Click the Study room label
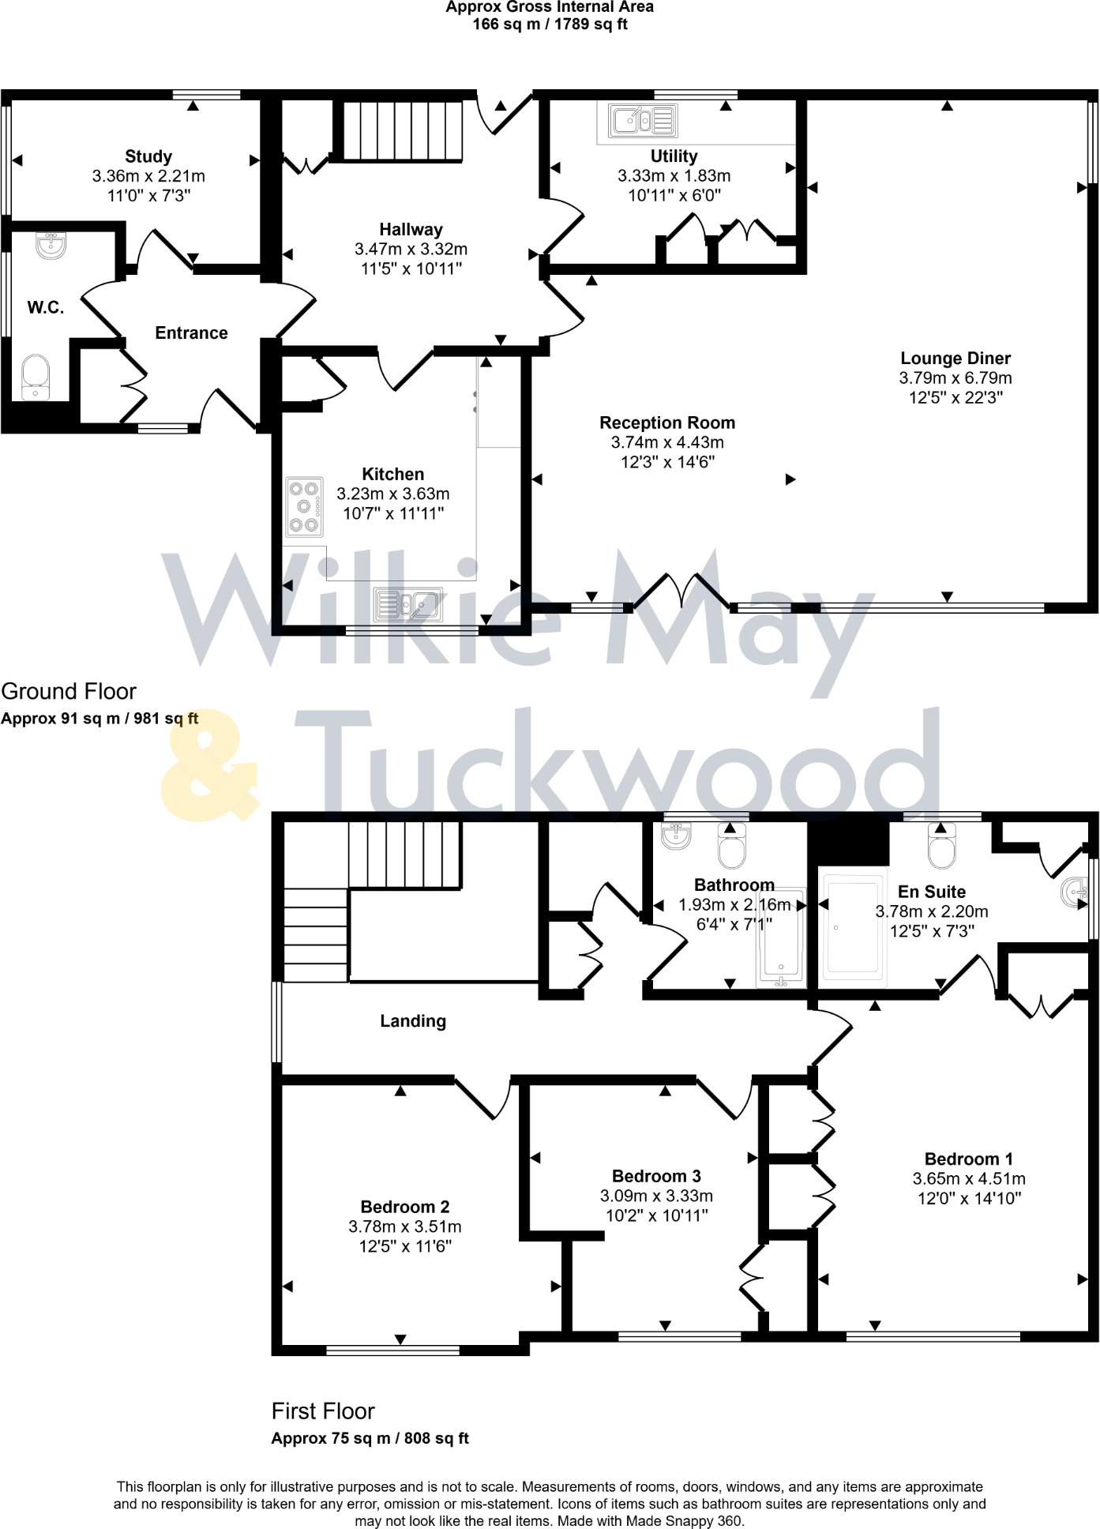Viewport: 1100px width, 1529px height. [148, 156]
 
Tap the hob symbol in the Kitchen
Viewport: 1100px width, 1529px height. [304, 507]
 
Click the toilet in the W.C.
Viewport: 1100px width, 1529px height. [36, 377]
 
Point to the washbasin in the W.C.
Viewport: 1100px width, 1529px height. [51, 246]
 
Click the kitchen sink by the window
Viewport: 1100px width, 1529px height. [408, 605]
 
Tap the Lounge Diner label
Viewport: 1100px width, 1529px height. [955, 359]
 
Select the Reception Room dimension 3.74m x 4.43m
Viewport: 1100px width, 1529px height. [667, 442]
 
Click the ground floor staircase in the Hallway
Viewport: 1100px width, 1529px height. [402, 130]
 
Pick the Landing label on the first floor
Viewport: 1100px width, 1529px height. [413, 1021]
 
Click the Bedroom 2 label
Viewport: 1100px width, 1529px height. [405, 1207]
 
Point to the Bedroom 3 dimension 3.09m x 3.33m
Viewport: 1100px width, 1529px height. [656, 1196]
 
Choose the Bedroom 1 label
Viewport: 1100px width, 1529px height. [969, 1159]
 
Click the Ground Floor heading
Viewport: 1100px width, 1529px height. [69, 691]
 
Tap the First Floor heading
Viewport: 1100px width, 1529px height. [323, 1411]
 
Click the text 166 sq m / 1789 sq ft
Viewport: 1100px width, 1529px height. [550, 24]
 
